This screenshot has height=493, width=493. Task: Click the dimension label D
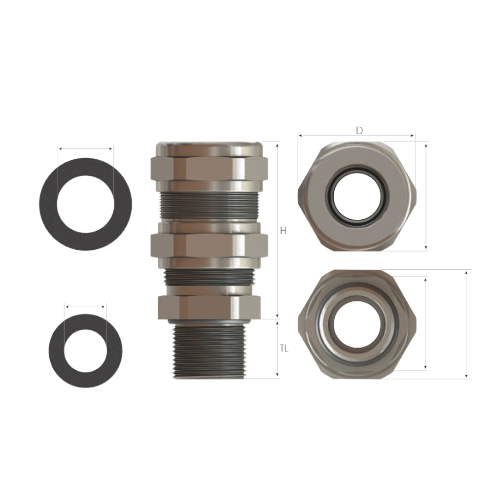359,130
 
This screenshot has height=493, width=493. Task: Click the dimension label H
283,231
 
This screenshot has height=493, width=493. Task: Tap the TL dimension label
284,349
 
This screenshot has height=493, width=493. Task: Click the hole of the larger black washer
85,204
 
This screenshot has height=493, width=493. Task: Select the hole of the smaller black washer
85,351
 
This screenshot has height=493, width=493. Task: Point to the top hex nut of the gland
209,169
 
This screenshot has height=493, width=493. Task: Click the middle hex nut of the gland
209,246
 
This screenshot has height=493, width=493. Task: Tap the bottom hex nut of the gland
210,307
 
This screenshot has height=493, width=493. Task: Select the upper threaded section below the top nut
209,205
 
